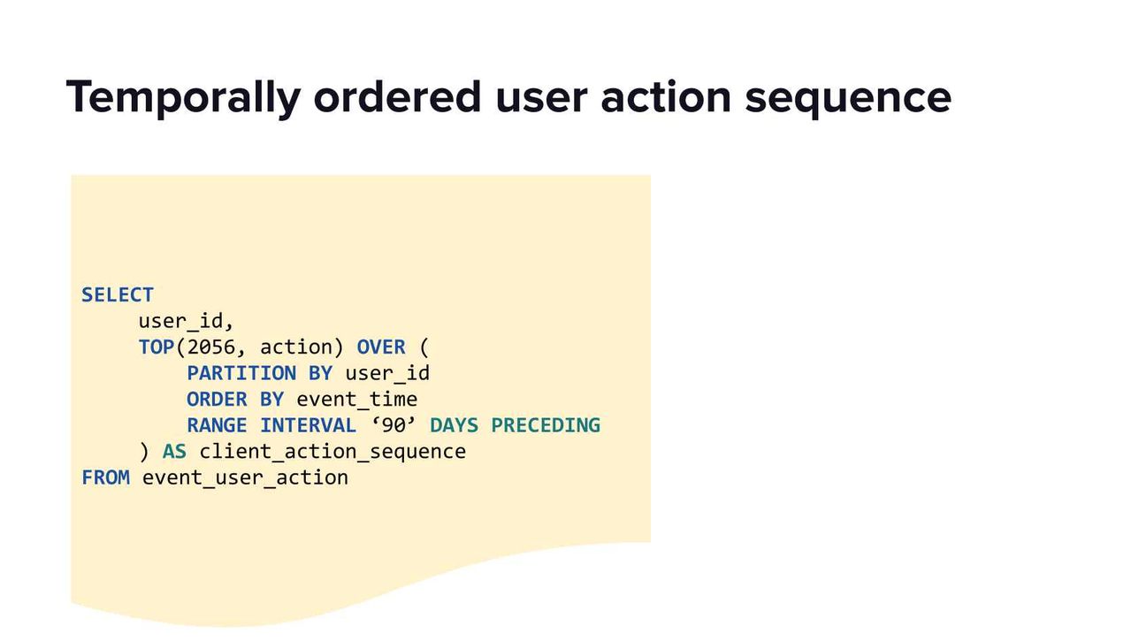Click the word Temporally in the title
(184, 97)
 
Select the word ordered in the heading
(397, 96)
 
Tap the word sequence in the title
(848, 100)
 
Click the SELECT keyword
(118, 294)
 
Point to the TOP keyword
(157, 347)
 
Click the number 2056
(211, 347)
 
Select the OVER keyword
(381, 347)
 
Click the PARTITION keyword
(241, 373)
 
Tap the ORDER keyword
(218, 400)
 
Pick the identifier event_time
(357, 400)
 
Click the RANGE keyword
(218, 425)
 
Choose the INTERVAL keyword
(308, 425)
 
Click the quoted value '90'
(394, 425)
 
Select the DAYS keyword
(454, 425)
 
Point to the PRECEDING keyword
(546, 425)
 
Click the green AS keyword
(174, 452)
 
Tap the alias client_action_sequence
(333, 452)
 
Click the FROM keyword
(106, 477)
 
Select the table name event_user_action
(245, 478)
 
